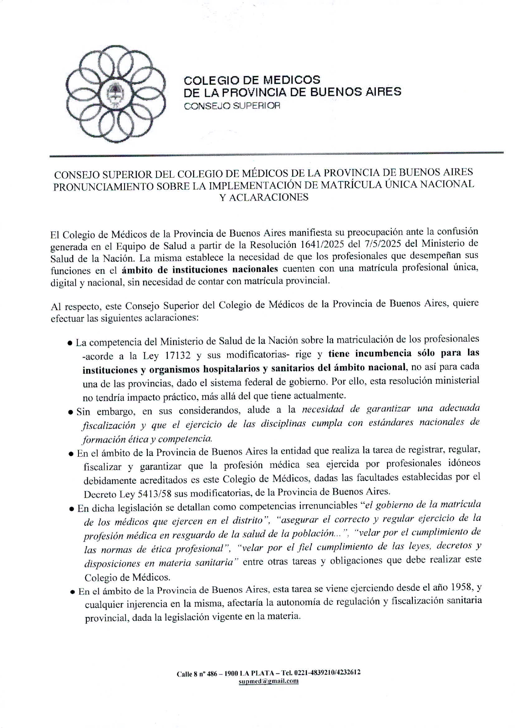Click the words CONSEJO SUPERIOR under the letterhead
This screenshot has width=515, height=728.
point(232,106)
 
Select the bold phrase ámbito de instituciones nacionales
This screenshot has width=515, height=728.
point(200,270)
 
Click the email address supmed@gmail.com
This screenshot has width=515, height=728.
point(268,681)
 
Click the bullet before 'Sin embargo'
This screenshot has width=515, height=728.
point(71,413)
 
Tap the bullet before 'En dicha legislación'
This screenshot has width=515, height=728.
point(72,509)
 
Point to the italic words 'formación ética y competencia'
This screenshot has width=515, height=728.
point(148,439)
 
